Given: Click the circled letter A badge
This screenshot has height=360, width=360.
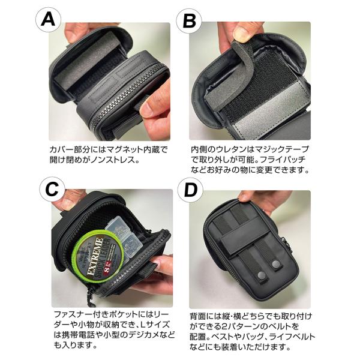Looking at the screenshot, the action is point(48,20).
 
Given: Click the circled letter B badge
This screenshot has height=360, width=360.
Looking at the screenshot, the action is point(189,20).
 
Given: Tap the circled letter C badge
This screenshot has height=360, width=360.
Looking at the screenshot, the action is point(52,190).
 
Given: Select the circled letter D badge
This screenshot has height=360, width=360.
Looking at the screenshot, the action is point(190,190).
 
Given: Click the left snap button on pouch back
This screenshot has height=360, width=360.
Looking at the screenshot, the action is point(261,274).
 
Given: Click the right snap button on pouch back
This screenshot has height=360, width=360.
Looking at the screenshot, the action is point(276,264).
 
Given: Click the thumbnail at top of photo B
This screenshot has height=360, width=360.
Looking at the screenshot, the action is point(241,33).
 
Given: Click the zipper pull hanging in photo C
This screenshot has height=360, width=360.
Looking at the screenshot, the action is point(91,298).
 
